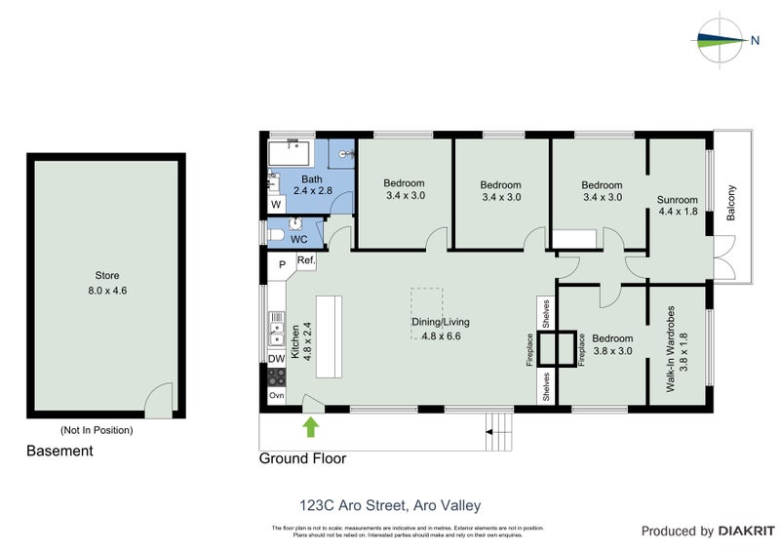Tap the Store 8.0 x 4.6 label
(106, 282)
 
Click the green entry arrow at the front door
(311, 425)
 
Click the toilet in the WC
(278, 235)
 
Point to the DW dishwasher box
(276, 359)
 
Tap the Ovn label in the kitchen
(276, 395)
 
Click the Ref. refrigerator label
(305, 261)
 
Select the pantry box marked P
(282, 263)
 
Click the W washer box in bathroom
(276, 205)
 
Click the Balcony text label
(730, 204)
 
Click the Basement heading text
(59, 451)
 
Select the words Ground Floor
(301, 458)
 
